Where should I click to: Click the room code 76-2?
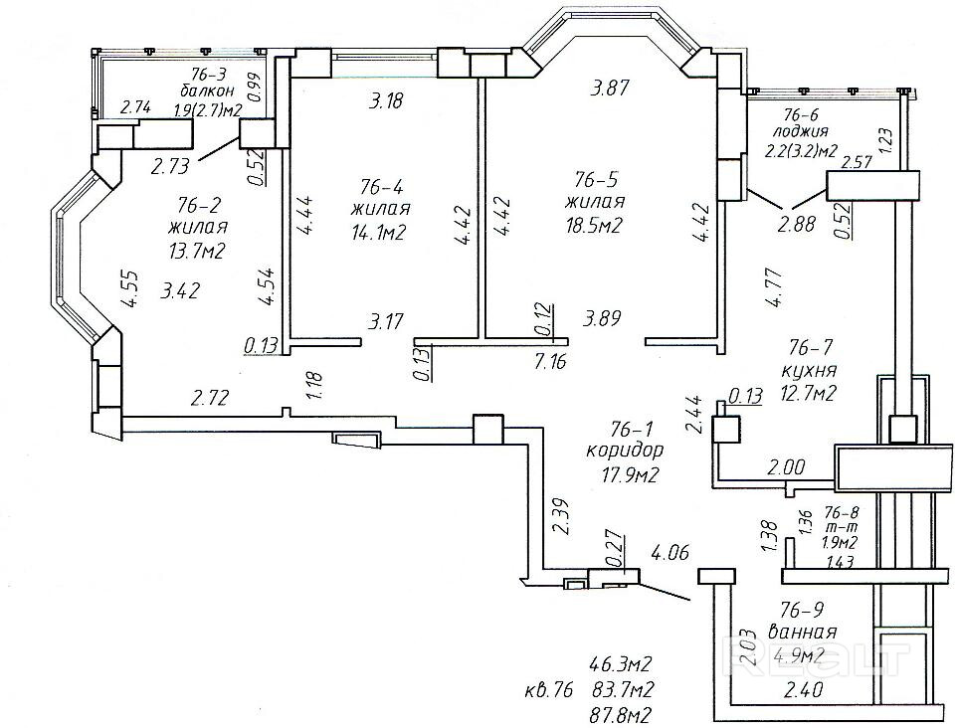tap(198, 203)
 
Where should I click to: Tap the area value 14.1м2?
tap(380, 232)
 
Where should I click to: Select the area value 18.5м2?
tap(593, 226)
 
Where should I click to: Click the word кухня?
tap(810, 370)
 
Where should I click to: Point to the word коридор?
tap(625, 452)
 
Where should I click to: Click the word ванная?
tap(802, 632)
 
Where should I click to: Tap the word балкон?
tap(207, 91)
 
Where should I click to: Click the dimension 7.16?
tap(550, 361)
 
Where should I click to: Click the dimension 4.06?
tap(670, 553)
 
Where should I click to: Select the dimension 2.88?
tap(796, 224)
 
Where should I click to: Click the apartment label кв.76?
tap(548, 690)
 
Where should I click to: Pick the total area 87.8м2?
tap(620, 714)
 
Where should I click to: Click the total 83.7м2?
tap(623, 689)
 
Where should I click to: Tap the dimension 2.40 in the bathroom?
tap(803, 690)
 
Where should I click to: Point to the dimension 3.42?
tap(179, 289)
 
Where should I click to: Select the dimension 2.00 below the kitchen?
tap(786, 467)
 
